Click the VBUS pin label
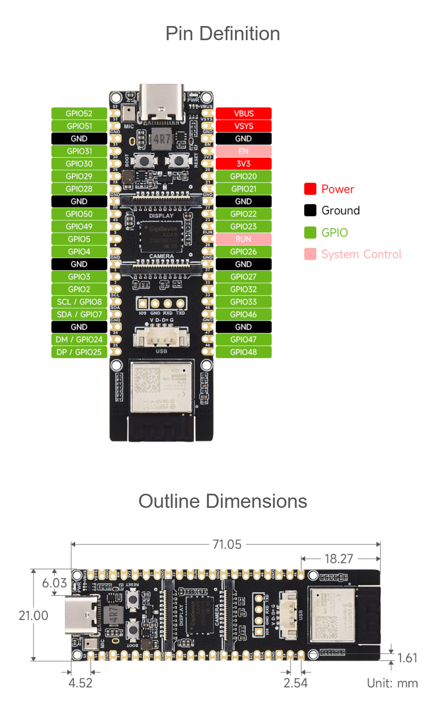(x=244, y=113)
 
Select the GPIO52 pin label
(x=79, y=113)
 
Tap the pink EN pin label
(x=244, y=151)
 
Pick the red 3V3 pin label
(x=244, y=164)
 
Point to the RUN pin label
(x=244, y=239)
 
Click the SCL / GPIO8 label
(x=79, y=302)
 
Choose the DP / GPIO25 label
(x=79, y=352)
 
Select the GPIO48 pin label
(x=244, y=352)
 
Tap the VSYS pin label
(x=244, y=126)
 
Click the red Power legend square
(x=310, y=189)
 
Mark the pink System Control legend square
(x=310, y=254)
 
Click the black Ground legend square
(x=310, y=210)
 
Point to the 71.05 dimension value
(x=227, y=545)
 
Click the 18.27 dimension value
(x=338, y=559)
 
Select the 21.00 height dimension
(x=34, y=615)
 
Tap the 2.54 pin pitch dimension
(x=295, y=683)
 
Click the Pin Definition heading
(x=223, y=33)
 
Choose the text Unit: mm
(x=392, y=683)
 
